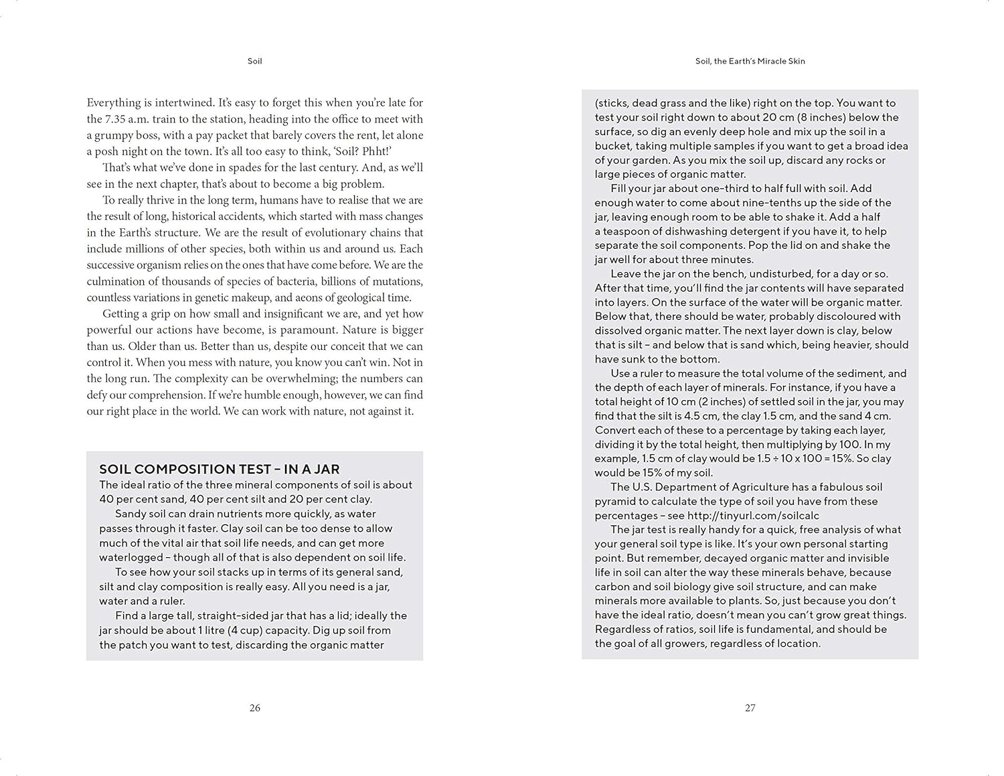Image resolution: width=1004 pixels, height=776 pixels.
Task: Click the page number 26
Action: pyautogui.click(x=254, y=708)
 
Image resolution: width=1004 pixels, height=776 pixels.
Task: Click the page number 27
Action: pyautogui.click(x=750, y=708)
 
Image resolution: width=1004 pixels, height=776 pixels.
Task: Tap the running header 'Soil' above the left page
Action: pyautogui.click(x=254, y=61)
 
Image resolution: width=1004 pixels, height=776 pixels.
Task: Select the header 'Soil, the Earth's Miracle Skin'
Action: pyautogui.click(x=750, y=61)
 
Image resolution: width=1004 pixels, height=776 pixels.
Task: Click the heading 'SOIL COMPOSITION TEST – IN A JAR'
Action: pyautogui.click(x=220, y=469)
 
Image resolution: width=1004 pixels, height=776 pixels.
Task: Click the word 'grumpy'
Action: pyautogui.click(x=114, y=135)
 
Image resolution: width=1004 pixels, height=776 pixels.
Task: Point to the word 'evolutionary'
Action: pyautogui.click(x=337, y=232)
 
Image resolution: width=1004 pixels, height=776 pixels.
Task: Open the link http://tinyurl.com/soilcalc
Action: pyautogui.click(x=753, y=515)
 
